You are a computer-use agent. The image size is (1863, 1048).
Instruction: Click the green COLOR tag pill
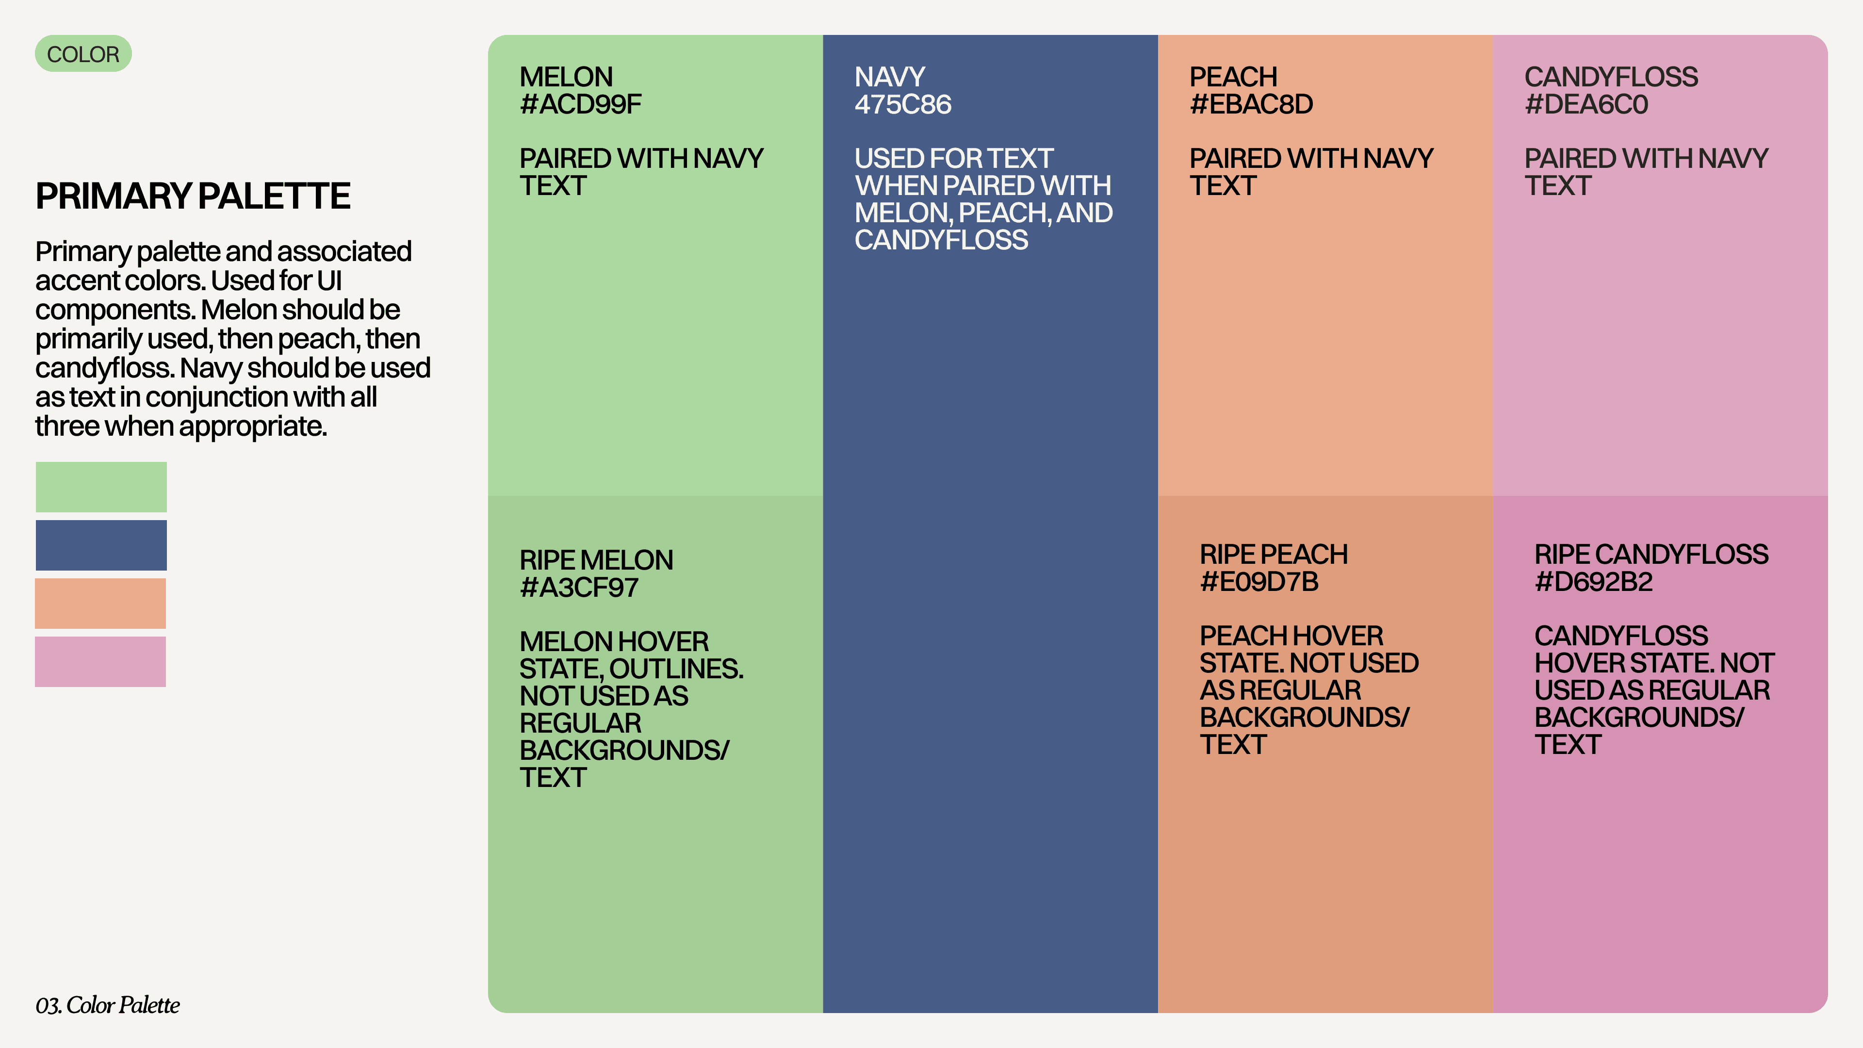[83, 54]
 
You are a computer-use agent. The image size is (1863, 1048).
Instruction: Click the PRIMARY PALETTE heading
[193, 196]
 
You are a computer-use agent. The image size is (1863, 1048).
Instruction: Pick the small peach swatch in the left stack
[100, 603]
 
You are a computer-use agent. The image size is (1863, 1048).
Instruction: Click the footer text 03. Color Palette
[108, 1005]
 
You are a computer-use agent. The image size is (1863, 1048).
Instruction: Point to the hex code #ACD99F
[580, 105]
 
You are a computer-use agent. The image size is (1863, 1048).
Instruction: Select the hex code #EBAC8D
[1251, 105]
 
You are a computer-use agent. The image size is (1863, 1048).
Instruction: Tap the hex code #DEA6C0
[1586, 105]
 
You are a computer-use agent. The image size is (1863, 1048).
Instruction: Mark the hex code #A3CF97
[579, 587]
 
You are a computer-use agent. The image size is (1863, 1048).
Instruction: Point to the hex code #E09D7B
[1259, 582]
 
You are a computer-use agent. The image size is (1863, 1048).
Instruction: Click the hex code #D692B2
[1593, 582]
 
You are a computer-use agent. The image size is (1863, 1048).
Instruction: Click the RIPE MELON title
[596, 560]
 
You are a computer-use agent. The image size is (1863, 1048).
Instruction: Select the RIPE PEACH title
[1274, 554]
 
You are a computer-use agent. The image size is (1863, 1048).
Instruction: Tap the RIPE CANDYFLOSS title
[1651, 554]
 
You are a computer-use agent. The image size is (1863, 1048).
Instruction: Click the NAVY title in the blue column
[890, 77]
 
